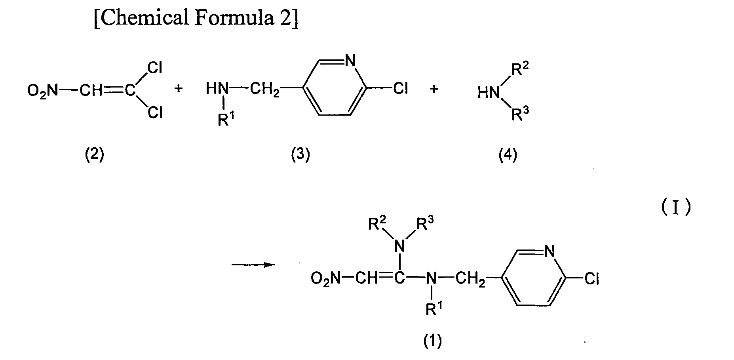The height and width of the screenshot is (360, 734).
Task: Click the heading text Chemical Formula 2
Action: [196, 19]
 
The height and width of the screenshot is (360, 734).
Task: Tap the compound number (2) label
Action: [95, 155]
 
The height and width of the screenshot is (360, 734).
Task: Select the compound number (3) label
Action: [300, 155]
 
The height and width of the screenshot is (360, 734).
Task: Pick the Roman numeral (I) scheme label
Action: [676, 208]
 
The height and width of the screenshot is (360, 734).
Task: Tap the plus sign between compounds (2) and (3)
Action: [179, 89]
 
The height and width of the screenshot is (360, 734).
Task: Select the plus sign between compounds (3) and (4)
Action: [434, 89]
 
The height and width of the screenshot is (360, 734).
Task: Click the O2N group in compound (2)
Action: [43, 91]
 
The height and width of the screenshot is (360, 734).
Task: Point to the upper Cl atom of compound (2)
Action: [155, 68]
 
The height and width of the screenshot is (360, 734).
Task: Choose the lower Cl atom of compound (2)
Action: [155, 113]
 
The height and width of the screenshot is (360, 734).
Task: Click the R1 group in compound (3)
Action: [224, 119]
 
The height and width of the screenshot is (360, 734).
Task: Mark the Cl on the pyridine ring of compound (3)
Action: [400, 90]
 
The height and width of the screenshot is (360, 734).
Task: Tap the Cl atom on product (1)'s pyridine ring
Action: [592, 279]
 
